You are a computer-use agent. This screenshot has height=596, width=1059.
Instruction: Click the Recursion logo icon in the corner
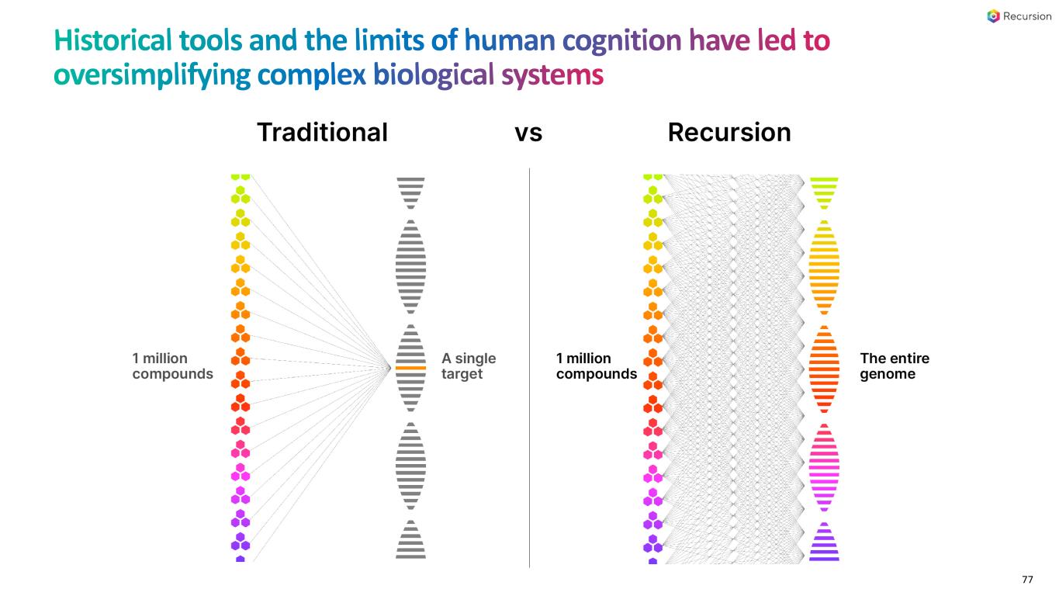click(x=994, y=16)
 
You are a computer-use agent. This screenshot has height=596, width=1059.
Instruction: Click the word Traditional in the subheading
click(x=322, y=133)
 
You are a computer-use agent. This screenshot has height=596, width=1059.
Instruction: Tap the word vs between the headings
click(x=528, y=133)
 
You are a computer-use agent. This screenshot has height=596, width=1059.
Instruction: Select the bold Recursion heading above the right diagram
click(x=729, y=133)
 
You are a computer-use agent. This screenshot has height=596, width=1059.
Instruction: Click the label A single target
click(x=469, y=366)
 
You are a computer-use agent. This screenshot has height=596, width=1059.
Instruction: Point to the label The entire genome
click(x=895, y=366)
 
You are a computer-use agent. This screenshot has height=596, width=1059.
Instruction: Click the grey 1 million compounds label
click(x=172, y=366)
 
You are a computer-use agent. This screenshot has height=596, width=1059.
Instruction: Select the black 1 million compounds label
click(x=596, y=366)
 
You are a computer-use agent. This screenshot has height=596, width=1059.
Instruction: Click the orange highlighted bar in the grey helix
click(x=410, y=368)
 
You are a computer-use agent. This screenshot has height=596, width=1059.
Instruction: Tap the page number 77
click(x=1027, y=580)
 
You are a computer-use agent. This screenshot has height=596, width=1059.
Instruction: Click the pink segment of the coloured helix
click(x=824, y=466)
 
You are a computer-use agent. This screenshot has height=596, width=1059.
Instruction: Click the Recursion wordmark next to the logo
click(x=1027, y=16)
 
